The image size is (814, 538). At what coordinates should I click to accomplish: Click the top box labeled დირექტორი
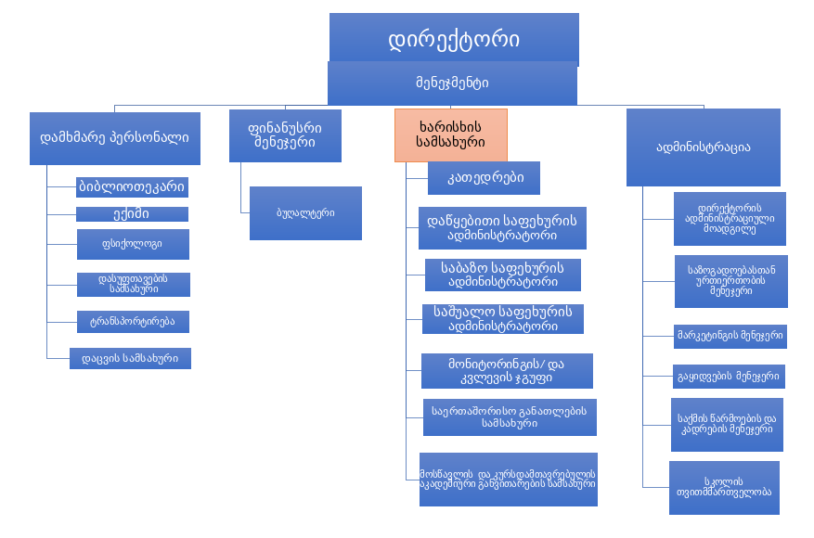coord(454,39)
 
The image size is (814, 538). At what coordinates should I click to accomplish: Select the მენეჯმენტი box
coord(452,83)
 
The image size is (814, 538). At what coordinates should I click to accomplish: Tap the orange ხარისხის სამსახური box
coord(451,135)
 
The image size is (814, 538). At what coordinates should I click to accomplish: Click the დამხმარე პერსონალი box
coord(115,138)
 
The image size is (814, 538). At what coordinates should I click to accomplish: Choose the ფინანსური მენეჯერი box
coord(285,135)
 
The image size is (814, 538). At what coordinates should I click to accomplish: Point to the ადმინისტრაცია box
coord(703,147)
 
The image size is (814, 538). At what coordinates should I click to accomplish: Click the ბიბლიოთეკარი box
coord(132,186)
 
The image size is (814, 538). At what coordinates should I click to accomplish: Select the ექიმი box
coord(132,214)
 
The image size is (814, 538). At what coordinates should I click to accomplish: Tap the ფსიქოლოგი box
coord(133,244)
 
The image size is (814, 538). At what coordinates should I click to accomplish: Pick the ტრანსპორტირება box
coord(133,322)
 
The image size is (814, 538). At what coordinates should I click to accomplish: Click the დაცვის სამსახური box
coord(131,358)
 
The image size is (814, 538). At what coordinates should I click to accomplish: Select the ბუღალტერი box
coord(305,213)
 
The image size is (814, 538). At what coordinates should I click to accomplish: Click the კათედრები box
coord(484,177)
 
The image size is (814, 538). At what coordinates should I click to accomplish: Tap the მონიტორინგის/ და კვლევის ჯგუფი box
coord(507,371)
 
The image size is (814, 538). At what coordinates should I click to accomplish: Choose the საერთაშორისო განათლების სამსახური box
coord(509,416)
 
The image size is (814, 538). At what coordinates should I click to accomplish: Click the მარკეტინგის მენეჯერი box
coord(730,336)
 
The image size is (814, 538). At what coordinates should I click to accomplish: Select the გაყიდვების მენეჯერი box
coord(730,376)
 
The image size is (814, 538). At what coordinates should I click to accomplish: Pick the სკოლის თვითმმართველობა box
coord(724,487)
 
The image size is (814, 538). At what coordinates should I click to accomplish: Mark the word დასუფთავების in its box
coord(132,278)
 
